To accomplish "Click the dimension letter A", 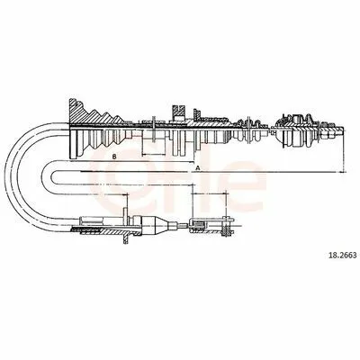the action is tap(197, 168).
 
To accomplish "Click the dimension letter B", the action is tap(114, 157).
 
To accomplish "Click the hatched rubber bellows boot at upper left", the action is tap(96, 129).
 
